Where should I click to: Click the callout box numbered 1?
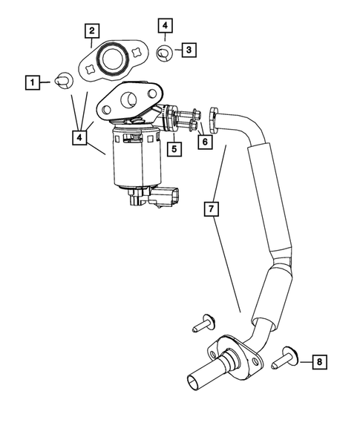[33, 81]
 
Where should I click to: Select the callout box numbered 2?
[91, 30]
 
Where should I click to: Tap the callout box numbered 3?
[189, 50]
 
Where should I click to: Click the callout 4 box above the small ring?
[165, 26]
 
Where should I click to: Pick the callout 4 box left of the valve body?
[79, 137]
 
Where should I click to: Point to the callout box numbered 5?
[174, 149]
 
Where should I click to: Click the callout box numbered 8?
[318, 362]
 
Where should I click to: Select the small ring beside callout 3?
[166, 52]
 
